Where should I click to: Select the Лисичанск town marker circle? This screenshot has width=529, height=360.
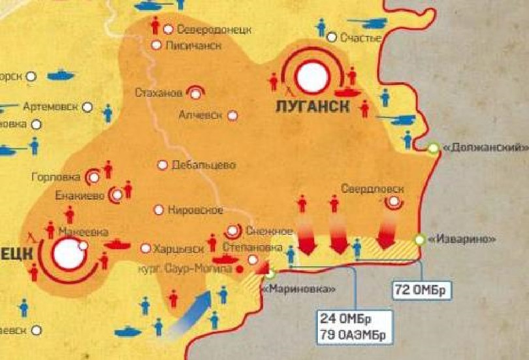(156, 45)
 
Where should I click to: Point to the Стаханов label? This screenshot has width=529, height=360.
(159, 92)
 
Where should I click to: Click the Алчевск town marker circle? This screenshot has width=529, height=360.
(232, 116)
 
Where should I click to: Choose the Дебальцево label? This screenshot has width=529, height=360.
(203, 165)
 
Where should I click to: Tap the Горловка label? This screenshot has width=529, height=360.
(56, 177)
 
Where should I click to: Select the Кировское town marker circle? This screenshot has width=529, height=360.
(158, 210)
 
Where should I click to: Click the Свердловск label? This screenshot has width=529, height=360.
(372, 189)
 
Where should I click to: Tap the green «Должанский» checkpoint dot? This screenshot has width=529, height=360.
(434, 149)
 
